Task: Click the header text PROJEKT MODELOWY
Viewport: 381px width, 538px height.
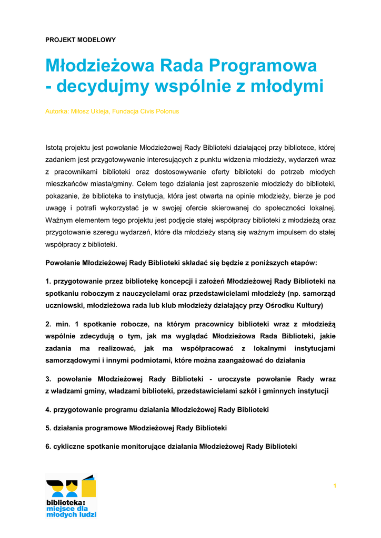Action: tap(81, 39)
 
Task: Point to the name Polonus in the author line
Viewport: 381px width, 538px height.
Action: tap(167, 111)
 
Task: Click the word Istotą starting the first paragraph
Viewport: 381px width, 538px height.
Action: tap(54, 147)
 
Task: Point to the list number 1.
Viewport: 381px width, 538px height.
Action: tap(48, 281)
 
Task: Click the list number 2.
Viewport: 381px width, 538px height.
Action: tap(48, 324)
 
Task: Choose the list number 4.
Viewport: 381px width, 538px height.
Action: tap(48, 409)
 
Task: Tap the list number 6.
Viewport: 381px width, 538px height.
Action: tap(48, 447)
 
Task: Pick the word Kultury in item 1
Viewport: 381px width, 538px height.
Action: tap(310, 305)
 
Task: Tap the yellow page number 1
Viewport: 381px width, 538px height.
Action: tap(335, 485)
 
